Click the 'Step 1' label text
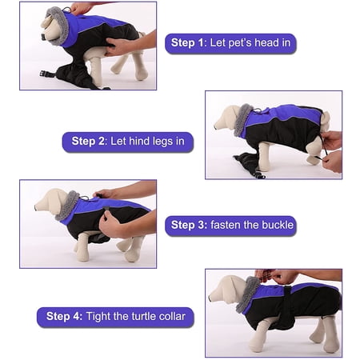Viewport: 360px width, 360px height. click(x=187, y=42)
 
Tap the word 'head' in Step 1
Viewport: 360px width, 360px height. click(x=262, y=42)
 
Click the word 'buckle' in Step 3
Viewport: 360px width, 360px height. click(x=278, y=225)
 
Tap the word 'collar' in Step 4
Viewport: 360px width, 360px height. click(x=172, y=316)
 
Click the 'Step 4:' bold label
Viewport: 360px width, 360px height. click(x=64, y=316)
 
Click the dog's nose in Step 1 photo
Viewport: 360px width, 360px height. click(x=43, y=37)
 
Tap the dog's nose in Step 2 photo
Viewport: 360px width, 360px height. click(x=215, y=127)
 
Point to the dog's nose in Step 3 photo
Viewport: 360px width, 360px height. click(x=36, y=208)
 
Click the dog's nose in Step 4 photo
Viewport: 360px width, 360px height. click(x=210, y=298)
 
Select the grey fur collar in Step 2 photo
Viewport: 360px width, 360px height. click(x=242, y=119)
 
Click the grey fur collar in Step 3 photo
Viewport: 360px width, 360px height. click(x=67, y=206)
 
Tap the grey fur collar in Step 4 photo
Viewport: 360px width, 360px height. click(x=248, y=294)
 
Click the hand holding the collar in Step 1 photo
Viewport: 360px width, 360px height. click(x=80, y=8)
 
